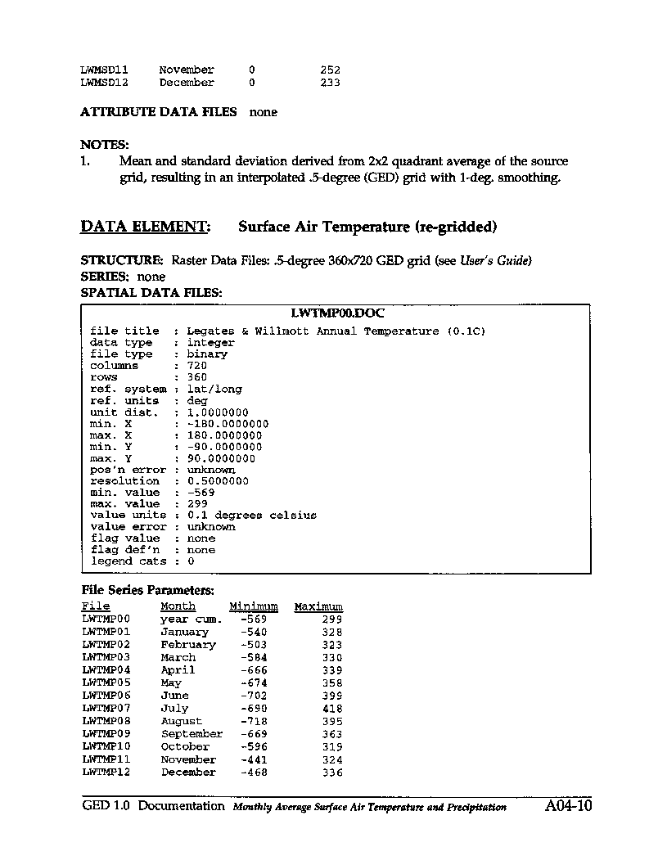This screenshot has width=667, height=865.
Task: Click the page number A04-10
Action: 567,806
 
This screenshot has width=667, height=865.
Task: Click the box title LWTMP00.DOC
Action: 337,313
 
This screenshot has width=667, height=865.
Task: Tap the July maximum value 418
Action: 331,709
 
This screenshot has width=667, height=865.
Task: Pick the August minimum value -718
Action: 254,722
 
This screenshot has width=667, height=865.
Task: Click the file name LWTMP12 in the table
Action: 106,773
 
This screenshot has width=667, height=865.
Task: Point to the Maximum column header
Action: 318,606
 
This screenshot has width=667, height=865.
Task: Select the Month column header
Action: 178,606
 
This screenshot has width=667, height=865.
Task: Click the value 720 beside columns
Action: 197,366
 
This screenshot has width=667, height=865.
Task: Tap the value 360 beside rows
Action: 197,377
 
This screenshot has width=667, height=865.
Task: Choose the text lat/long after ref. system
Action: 214,389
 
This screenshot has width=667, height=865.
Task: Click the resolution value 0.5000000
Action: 218,481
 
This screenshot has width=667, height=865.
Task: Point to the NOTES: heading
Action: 105,145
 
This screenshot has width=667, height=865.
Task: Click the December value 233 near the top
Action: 330,83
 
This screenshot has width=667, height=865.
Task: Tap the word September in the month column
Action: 192,734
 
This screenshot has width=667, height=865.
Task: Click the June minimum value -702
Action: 254,696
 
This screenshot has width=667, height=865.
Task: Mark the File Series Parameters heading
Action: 148,590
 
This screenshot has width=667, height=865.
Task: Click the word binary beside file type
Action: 207,354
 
